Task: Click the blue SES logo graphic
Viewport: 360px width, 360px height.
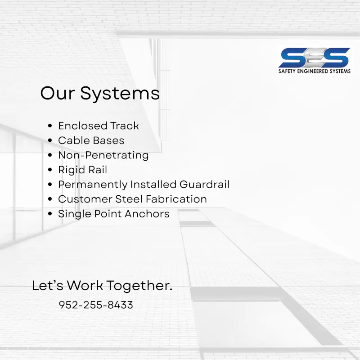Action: [314, 58]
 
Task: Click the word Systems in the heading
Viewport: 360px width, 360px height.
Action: [120, 94]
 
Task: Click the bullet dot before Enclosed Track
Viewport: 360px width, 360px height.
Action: [50, 126]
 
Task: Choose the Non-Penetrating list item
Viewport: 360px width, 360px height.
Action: [103, 155]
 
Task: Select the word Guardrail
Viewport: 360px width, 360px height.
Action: [204, 184]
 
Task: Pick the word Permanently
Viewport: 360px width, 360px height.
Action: [93, 185]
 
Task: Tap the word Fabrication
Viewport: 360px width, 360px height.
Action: [176, 199]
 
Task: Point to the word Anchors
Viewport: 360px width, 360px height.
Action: [147, 214]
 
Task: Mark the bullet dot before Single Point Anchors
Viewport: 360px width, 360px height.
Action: [50, 213]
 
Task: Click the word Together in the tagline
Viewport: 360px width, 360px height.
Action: [139, 286]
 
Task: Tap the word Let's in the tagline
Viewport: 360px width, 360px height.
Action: [48, 285]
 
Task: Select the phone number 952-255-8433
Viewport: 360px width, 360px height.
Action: [96, 305]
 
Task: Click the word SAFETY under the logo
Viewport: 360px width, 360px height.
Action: [287, 71]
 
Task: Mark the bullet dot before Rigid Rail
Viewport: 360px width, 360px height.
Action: [50, 170]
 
